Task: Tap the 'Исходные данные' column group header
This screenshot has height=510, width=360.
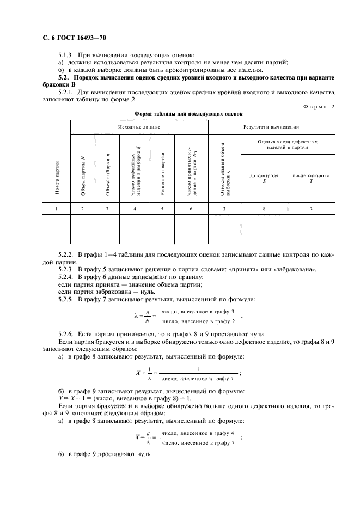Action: click(x=139, y=127)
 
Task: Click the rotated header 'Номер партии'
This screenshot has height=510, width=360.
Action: click(x=57, y=178)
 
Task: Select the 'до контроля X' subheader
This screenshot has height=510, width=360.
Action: click(x=264, y=178)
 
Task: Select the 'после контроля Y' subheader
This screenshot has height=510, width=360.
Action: click(x=311, y=178)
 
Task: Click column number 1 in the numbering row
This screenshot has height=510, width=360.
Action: click(x=56, y=209)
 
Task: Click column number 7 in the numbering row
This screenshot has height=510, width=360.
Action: click(x=224, y=209)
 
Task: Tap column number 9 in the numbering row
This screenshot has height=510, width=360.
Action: click(x=311, y=209)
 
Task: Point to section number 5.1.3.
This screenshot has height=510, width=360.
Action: click(x=66, y=54)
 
